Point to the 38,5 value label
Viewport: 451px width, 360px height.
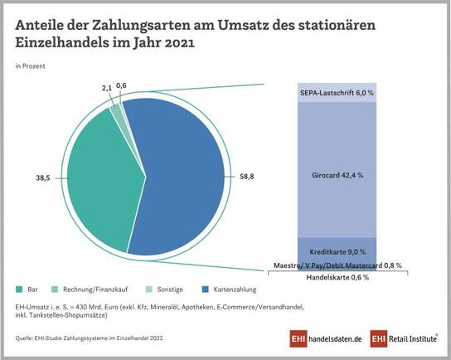coord(41,178)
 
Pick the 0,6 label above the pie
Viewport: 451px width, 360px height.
coord(121,86)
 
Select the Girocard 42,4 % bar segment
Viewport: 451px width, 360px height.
coord(336,176)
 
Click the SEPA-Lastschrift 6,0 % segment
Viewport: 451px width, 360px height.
coord(336,94)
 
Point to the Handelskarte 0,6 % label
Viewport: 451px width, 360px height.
coord(336,277)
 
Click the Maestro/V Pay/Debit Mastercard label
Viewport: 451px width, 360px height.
coord(336,265)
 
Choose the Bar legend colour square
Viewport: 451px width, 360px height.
coord(19,289)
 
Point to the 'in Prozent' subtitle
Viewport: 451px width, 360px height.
coord(30,64)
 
